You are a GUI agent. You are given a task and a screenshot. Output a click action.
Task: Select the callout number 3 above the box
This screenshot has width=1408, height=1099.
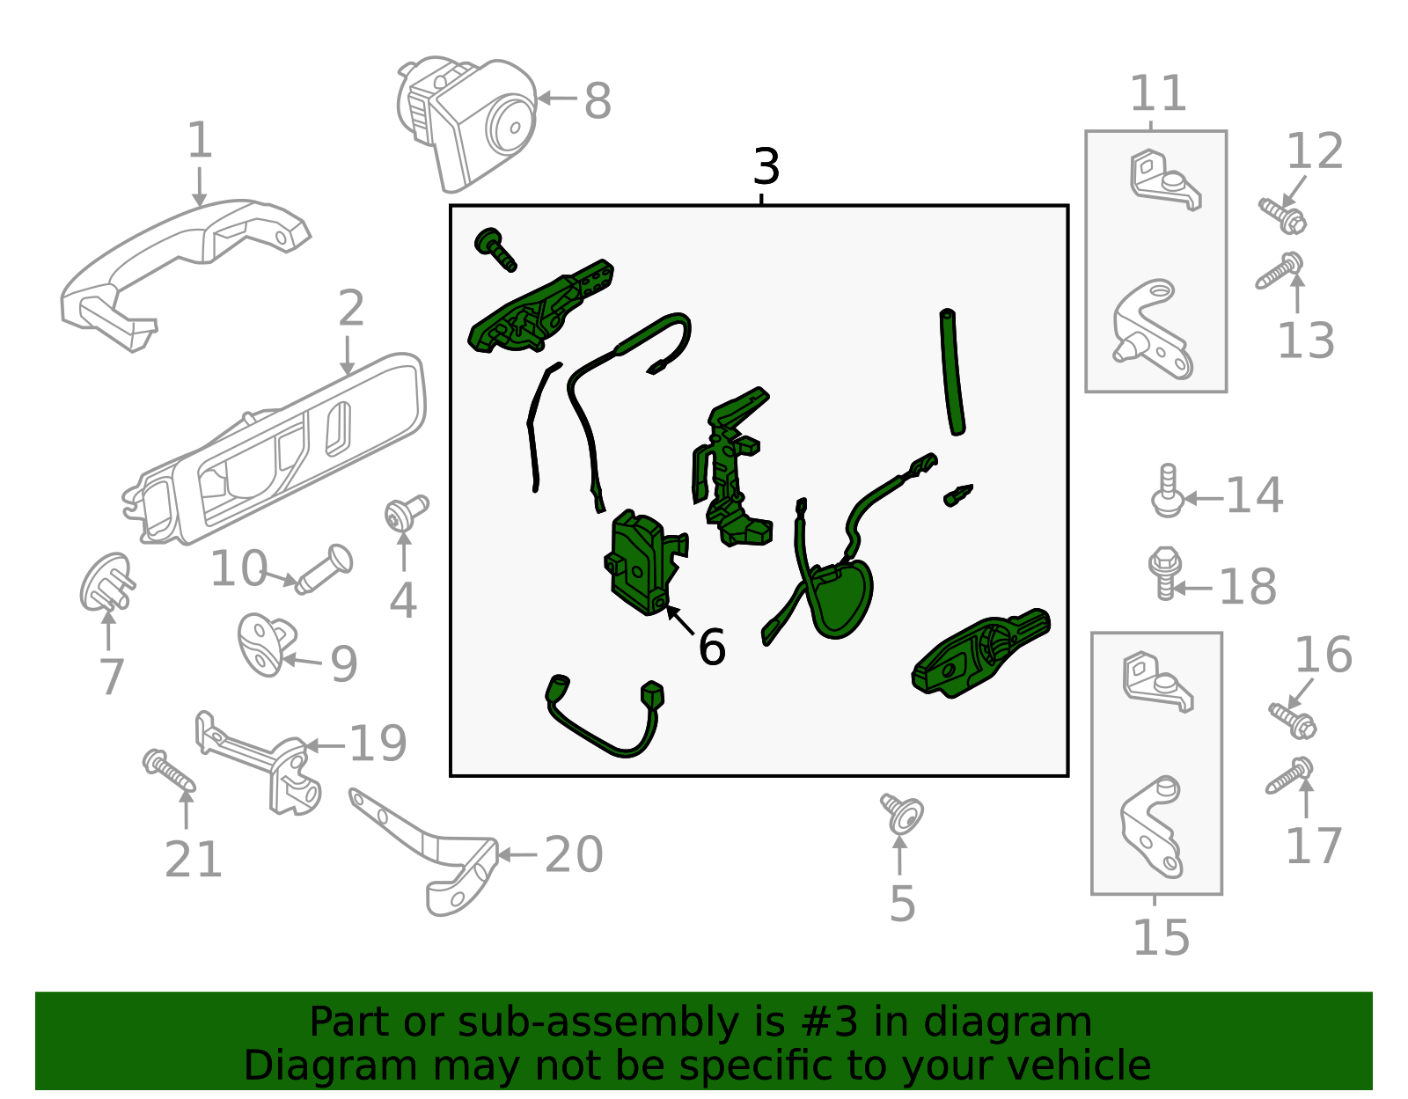766,166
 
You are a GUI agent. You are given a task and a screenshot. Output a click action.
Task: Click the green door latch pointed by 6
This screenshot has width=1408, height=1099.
642,563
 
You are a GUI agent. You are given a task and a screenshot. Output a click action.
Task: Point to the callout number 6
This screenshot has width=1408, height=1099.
711,648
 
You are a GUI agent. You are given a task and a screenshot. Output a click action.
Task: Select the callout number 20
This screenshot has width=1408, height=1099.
574,854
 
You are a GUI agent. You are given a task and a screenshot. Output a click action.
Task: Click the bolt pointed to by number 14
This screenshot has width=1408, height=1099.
1167,493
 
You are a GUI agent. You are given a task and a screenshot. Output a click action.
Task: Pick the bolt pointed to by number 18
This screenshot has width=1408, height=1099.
1165,572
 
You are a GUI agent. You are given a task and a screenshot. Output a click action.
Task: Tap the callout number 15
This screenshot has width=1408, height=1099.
1160,938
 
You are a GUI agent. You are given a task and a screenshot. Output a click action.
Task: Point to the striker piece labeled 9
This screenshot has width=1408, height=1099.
264,646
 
